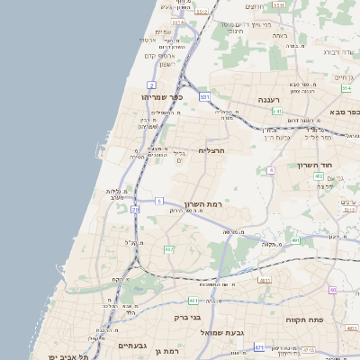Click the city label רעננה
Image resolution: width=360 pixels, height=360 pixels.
[x=267, y=100]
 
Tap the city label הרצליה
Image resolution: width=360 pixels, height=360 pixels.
[x=211, y=151]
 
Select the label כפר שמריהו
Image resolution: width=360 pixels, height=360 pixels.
[x=163, y=96]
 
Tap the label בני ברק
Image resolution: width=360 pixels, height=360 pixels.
[x=185, y=317]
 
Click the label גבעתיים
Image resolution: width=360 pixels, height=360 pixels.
[x=132, y=346]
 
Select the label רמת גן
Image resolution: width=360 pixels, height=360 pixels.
[x=168, y=351]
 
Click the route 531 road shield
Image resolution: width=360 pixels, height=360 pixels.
[x=205, y=95]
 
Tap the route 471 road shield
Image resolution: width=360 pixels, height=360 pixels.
[x=259, y=346]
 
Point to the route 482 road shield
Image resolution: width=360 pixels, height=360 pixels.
[x=169, y=249]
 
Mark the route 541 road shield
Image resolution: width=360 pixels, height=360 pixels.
[x=277, y=111]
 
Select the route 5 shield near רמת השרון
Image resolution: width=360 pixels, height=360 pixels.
[x=159, y=200]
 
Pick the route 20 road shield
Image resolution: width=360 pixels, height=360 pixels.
[x=135, y=209]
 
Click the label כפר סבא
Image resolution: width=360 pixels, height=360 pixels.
[x=345, y=112]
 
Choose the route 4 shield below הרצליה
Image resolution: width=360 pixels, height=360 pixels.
[x=271, y=169]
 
